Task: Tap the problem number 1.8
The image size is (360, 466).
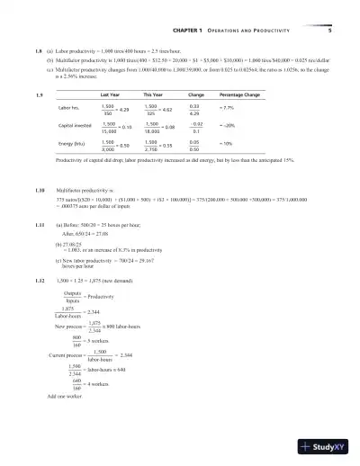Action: click(x=37, y=54)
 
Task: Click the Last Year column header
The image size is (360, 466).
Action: click(x=111, y=94)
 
